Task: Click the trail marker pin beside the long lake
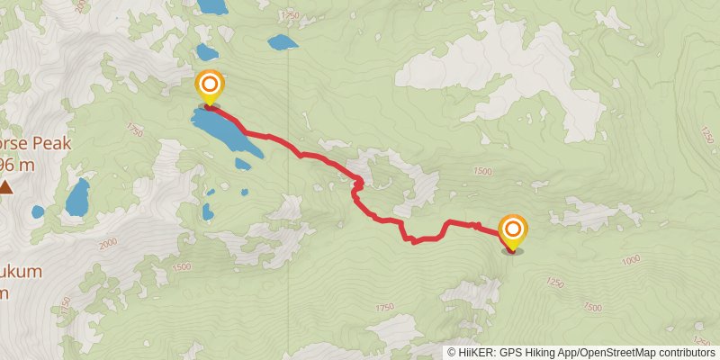209,88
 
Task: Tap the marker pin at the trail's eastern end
513,230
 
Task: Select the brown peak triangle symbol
6,186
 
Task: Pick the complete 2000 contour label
110,242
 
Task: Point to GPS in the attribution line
510,353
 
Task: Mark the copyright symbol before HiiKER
452,353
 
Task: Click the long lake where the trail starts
228,132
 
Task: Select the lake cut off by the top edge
213,6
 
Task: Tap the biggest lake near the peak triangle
76,197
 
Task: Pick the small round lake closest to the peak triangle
38,212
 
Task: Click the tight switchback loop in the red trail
358,184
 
